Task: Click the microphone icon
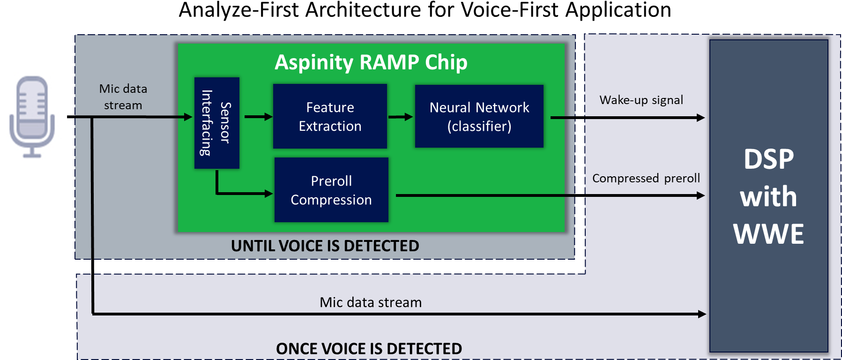pos(32,117)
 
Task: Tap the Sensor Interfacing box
pos(217,123)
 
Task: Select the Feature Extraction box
pos(330,116)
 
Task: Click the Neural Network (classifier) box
pos(479,116)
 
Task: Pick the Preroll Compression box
pos(331,190)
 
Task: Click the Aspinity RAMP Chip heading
pos(371,62)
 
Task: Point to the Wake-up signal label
pos(641,100)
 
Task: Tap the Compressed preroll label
pos(646,179)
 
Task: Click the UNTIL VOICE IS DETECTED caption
pos(325,246)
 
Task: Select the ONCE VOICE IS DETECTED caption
pos(369,349)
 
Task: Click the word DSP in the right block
pos(769,159)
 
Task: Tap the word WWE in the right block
pos(768,234)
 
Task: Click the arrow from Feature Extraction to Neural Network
pos(401,117)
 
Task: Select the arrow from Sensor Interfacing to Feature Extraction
pos(259,117)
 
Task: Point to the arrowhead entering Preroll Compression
pos(268,193)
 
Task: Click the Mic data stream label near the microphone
pos(123,97)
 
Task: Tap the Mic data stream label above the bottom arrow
pos(371,302)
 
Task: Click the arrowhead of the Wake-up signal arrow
pos(701,118)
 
